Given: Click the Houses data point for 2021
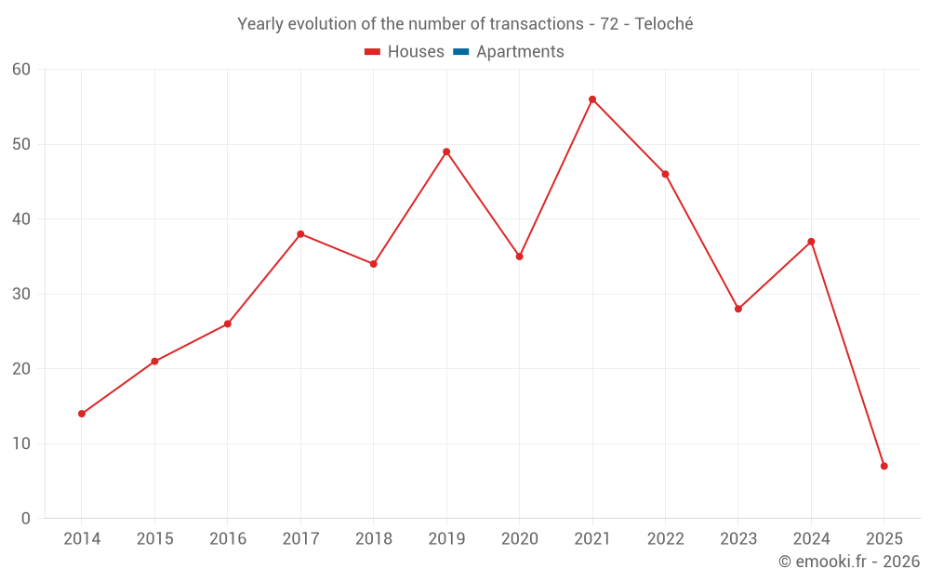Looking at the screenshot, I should click(592, 99).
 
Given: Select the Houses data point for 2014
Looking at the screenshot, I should click(82, 414).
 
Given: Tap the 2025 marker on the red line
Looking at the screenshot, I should click(884, 466).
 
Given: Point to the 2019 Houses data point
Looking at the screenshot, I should click(446, 152).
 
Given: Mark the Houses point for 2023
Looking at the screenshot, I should click(738, 309).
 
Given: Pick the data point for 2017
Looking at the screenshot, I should click(300, 234).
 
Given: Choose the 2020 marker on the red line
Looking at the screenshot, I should click(520, 257).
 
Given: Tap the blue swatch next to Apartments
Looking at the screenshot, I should click(461, 52).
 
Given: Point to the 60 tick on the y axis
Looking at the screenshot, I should click(21, 70).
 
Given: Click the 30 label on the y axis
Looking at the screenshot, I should click(21, 294).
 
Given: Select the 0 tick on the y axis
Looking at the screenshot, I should click(26, 518).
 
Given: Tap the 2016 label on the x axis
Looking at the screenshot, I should click(228, 539).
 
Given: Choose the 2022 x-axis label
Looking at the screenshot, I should click(665, 539).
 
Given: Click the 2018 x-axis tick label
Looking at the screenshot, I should click(374, 539).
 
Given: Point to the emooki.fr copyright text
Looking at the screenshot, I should click(849, 561).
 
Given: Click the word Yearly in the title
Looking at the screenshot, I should click(261, 24).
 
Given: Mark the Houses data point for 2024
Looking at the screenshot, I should click(811, 242).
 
